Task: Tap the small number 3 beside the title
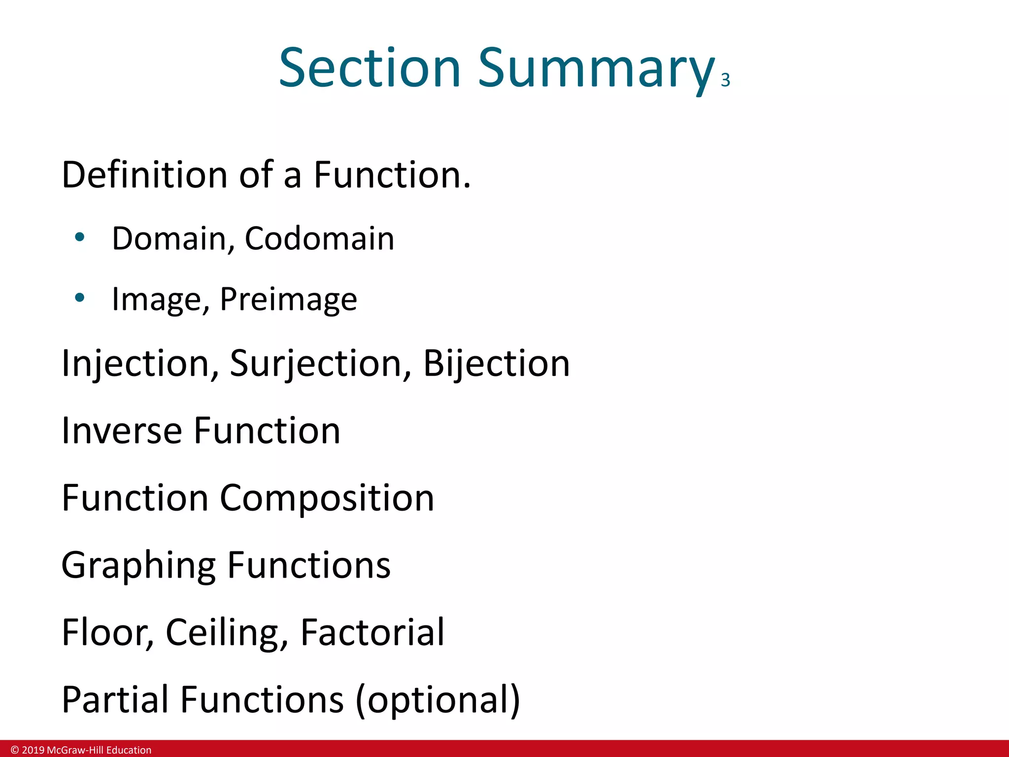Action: tap(725, 80)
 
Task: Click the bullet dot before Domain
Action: tap(80, 238)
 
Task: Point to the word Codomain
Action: tap(319, 239)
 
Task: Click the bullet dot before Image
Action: tap(80, 298)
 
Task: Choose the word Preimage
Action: tap(288, 300)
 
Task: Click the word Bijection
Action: tap(496, 364)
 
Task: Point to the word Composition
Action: tap(327, 498)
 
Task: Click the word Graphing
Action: tap(138, 566)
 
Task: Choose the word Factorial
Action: tap(372, 632)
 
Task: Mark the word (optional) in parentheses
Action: tap(437, 700)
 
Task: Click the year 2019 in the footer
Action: tap(33, 750)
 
